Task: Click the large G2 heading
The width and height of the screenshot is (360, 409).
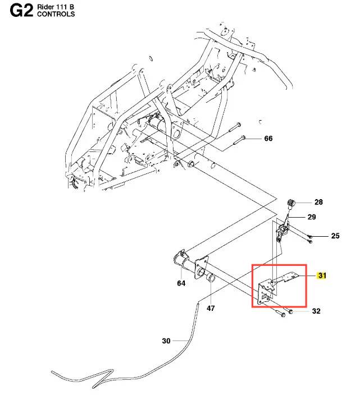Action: (21, 12)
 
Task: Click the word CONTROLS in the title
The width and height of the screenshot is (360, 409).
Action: (56, 15)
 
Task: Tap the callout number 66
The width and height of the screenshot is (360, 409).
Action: (268, 139)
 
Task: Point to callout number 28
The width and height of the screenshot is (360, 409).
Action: (319, 203)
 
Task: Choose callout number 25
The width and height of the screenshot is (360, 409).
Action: (335, 236)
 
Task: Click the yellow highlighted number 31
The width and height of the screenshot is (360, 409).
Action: (322, 275)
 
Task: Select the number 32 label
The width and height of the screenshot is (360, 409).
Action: (316, 311)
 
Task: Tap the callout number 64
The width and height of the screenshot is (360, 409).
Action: (181, 283)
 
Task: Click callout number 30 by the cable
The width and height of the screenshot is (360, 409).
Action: (166, 341)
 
